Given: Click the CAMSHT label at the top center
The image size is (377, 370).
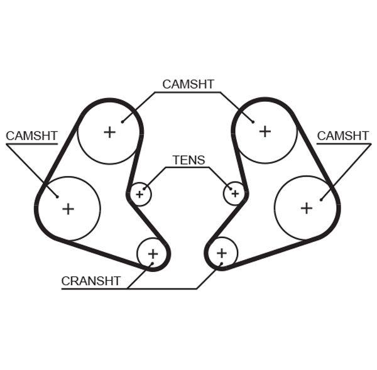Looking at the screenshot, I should (x=188, y=84).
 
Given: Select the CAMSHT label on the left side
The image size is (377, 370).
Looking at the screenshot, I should (x=31, y=136).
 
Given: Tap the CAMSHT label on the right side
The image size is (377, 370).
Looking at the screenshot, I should (x=342, y=136).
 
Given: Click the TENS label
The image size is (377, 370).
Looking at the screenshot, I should (x=188, y=160).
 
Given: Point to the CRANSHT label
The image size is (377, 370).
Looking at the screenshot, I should (x=90, y=281).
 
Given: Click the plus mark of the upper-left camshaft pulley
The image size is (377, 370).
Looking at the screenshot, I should (x=110, y=131).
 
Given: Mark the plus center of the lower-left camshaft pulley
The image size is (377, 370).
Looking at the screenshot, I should (x=68, y=209).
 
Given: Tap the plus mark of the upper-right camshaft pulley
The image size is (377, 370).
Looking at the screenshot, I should (x=265, y=131).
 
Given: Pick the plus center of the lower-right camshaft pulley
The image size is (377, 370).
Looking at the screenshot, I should (x=306, y=208).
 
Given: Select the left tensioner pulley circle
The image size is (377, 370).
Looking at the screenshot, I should (x=139, y=194).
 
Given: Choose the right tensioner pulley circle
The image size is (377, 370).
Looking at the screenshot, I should (x=234, y=193).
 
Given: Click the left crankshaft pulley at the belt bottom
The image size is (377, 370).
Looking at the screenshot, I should (x=153, y=254).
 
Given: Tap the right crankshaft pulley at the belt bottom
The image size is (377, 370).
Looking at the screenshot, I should (x=221, y=253).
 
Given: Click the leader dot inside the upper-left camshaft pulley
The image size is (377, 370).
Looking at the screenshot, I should (x=121, y=121).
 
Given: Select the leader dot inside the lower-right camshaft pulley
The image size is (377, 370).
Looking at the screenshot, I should (x=321, y=200).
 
